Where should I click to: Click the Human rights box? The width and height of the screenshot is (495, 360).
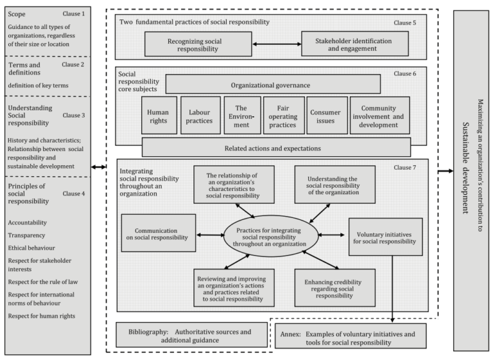tap(159, 115)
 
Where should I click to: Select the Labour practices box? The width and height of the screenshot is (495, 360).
tap(200, 115)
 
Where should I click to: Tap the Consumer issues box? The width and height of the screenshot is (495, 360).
tap(327, 115)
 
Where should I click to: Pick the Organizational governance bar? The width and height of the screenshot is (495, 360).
tap(273, 84)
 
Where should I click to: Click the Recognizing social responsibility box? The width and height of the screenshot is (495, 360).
tap(199, 45)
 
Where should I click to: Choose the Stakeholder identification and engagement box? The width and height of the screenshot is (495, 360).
tap(355, 44)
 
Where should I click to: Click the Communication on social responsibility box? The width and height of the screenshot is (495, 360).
tap(159, 233)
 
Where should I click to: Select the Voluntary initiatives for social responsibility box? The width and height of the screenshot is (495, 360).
tap(385, 237)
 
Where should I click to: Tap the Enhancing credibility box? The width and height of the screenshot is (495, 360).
tap(335, 288)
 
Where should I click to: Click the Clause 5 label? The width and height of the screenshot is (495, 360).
tap(405, 23)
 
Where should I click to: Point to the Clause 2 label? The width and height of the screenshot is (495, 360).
tap(73, 65)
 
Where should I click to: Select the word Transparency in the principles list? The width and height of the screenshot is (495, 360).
tap(26, 235)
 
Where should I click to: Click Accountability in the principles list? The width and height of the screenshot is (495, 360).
tap(28, 223)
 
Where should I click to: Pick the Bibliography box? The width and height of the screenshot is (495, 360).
tap(191, 335)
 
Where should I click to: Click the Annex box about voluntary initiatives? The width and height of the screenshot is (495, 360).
tap(351, 336)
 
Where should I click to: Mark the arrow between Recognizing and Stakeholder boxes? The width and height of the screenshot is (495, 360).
tap(277, 45)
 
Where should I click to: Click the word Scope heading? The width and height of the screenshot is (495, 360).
tap(17, 14)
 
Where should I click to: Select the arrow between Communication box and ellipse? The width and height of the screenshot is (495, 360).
tap(210, 235)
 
